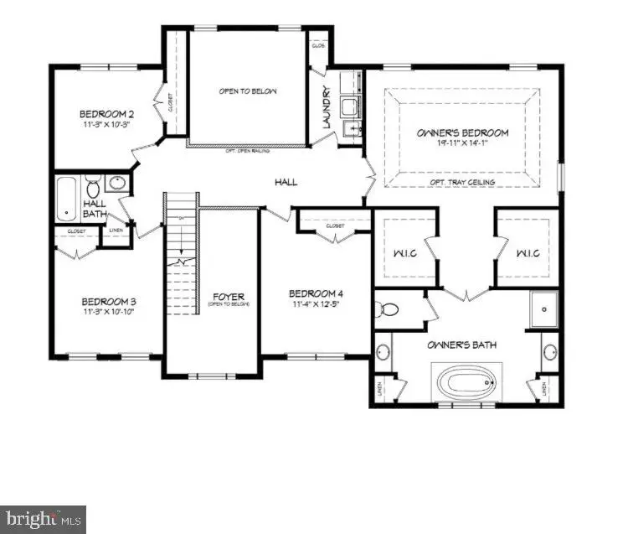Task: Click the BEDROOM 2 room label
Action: pos(108,114)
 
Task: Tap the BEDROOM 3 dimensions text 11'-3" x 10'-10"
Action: pos(108,312)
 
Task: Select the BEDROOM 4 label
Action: pos(316,293)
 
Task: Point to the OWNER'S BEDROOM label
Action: pos(462,132)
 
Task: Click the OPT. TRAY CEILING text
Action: pos(462,182)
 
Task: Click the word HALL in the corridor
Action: pos(286,182)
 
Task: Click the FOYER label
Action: pos(228,297)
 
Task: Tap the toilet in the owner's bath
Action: pos(389,309)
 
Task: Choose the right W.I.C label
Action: pos(526,251)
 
